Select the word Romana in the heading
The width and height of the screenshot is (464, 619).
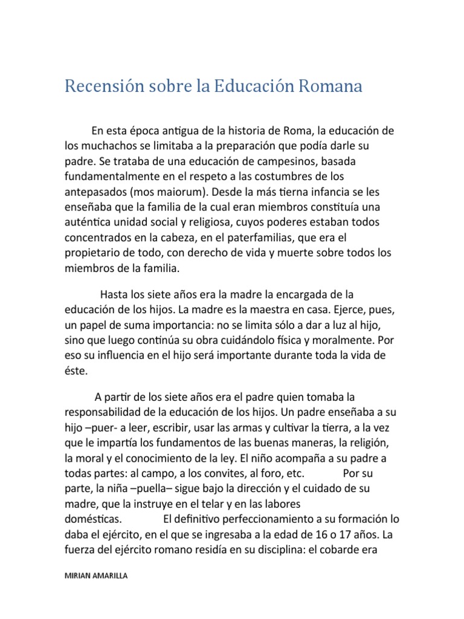coord(330,87)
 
